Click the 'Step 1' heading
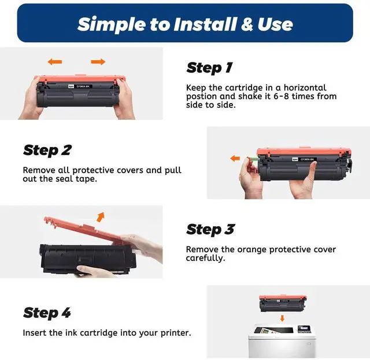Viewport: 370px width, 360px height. [x=209, y=68]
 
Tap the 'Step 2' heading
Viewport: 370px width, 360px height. [x=47, y=150]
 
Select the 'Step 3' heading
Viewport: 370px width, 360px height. [x=210, y=230]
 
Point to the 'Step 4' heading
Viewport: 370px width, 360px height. [x=47, y=313]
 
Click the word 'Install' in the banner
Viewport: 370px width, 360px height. [x=205, y=24]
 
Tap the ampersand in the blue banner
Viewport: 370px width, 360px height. [x=247, y=24]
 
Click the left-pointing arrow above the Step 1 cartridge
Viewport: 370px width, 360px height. [x=55, y=62]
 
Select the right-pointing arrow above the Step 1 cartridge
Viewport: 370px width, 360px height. [x=98, y=62]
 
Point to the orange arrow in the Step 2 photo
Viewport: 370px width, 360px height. [x=235, y=158]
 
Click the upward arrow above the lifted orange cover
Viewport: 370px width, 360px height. [x=101, y=217]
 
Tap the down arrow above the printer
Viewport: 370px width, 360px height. [x=282, y=318]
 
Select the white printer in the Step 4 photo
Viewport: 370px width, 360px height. [x=282, y=341]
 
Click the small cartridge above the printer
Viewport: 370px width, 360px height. [x=283, y=303]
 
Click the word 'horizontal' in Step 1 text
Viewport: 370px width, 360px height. [x=305, y=88]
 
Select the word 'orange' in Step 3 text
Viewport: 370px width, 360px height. [x=252, y=250]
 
